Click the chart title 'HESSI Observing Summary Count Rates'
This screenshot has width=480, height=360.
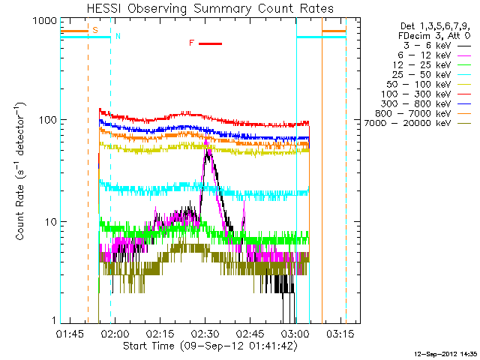210,8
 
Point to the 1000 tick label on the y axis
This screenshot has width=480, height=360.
45,21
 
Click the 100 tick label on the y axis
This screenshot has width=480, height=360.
48,119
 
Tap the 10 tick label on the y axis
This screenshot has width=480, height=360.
51,222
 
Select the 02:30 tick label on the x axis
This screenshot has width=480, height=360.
205,333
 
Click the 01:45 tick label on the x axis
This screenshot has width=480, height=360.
70,333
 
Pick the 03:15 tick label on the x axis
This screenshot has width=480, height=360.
340,333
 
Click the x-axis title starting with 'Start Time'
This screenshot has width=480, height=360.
210,346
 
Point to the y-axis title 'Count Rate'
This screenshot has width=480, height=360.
20,172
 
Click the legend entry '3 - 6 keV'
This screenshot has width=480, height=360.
427,46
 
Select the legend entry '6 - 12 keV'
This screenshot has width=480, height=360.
424,55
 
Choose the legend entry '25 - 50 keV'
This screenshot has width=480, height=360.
421,75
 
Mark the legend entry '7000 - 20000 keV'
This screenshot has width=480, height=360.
407,123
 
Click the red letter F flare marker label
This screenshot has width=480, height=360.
192,43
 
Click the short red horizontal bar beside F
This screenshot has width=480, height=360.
210,43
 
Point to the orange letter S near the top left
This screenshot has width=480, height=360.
95,30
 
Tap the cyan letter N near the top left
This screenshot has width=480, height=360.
118,36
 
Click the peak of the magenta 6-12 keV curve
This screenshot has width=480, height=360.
205,140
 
